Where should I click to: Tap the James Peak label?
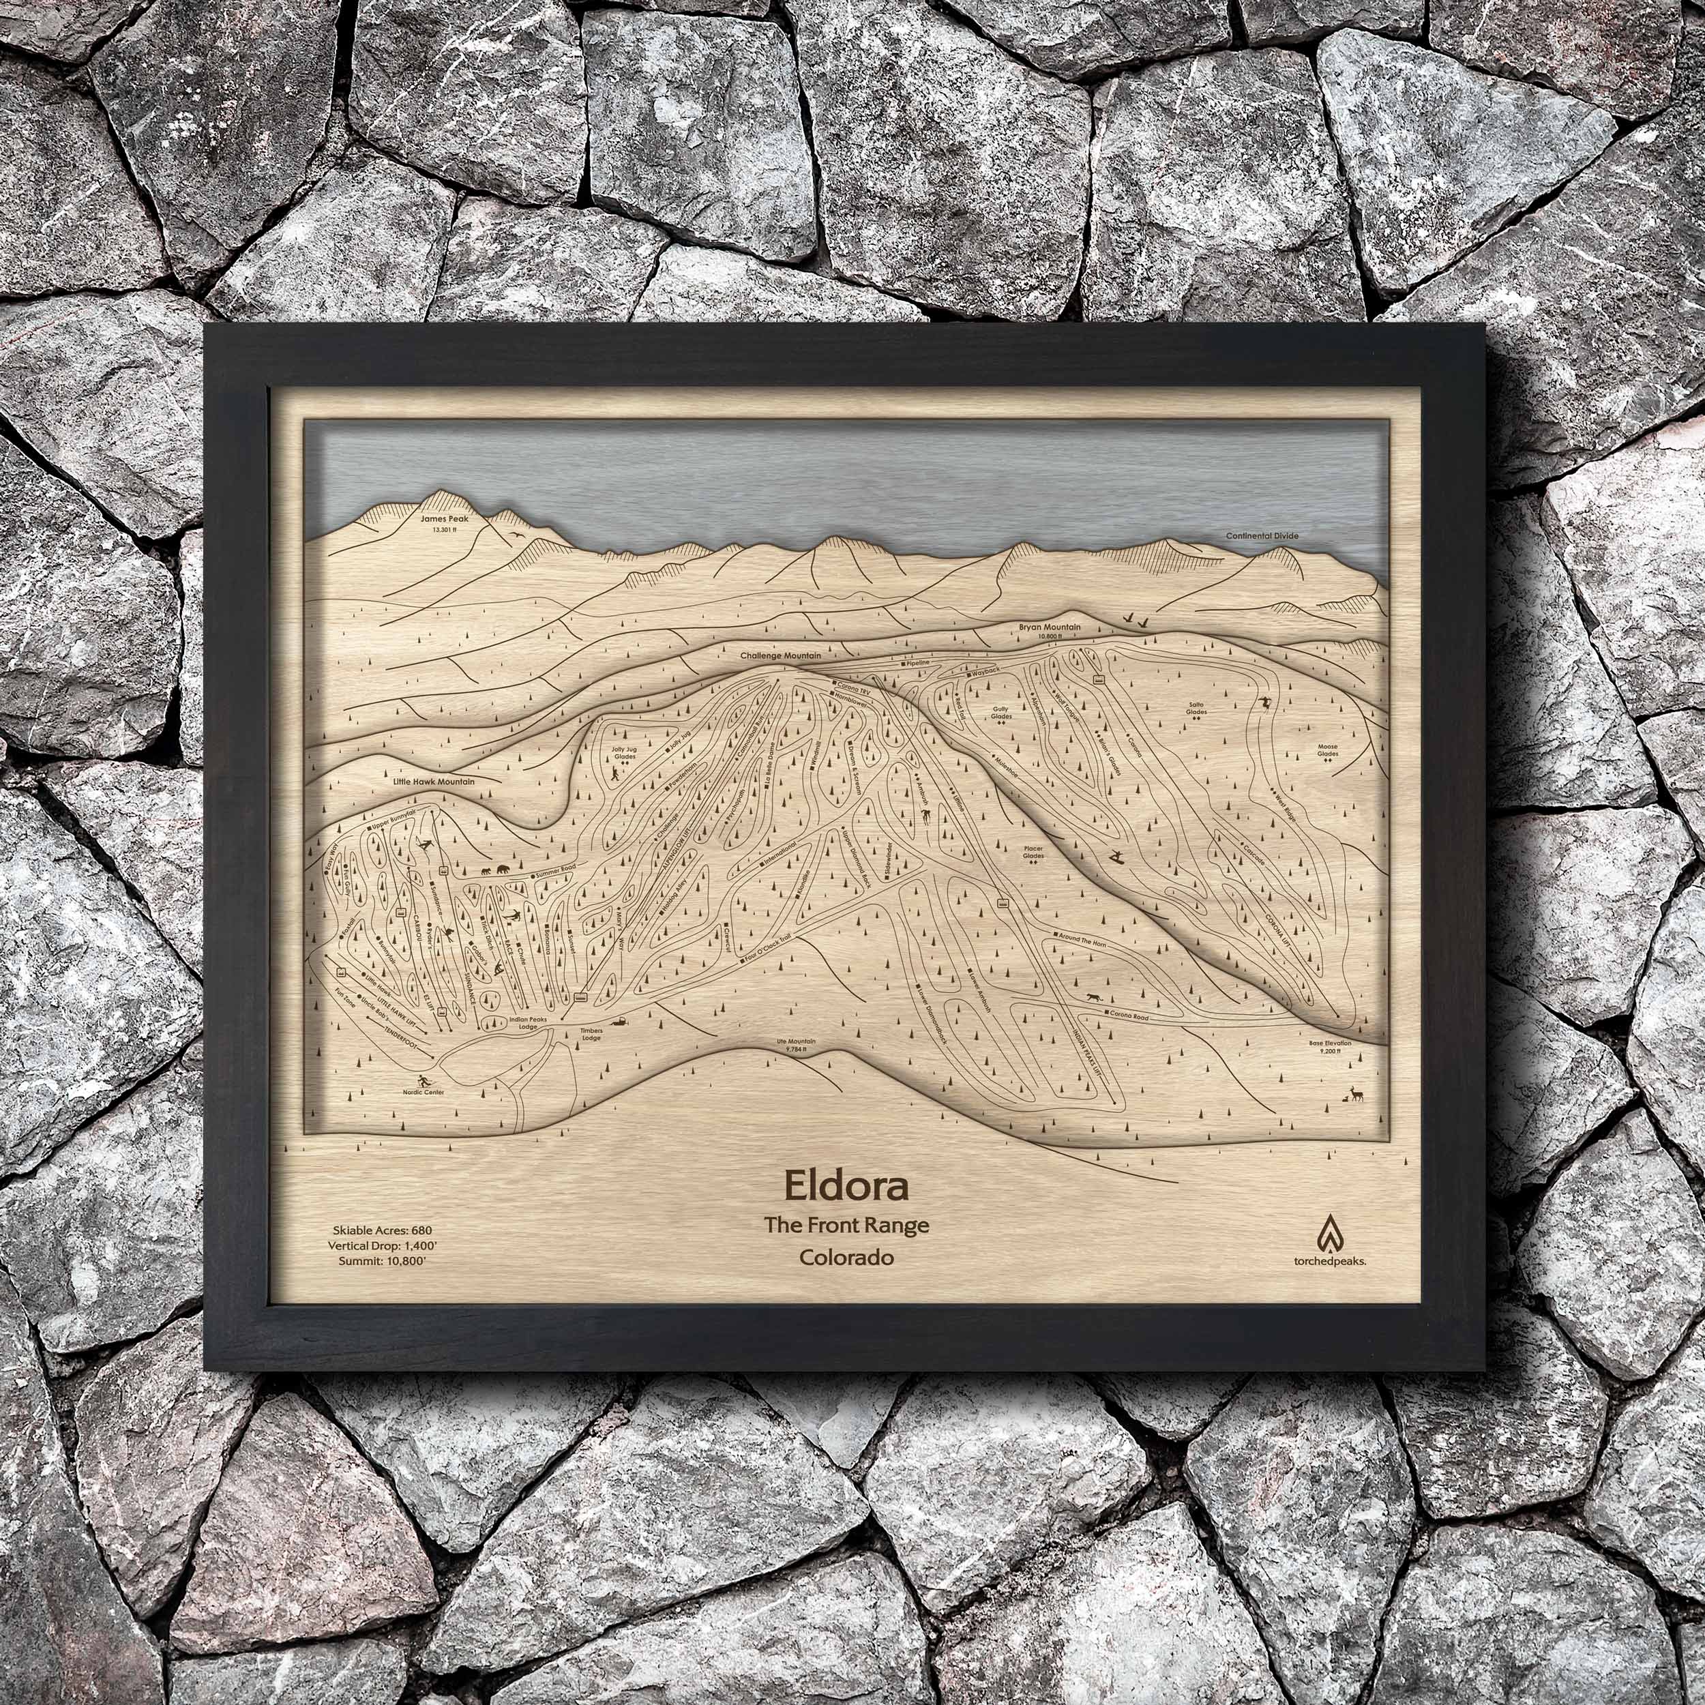(x=447, y=520)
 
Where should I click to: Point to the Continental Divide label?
(x=1262, y=535)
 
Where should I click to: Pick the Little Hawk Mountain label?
(x=434, y=782)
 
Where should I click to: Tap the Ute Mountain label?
(x=796, y=1042)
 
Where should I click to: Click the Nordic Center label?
(x=424, y=1092)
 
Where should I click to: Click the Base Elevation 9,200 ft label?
(x=1331, y=1047)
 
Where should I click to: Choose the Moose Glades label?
(x=1327, y=750)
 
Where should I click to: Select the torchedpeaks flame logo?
(x=1329, y=1233)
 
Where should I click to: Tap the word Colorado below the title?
(x=846, y=1258)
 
